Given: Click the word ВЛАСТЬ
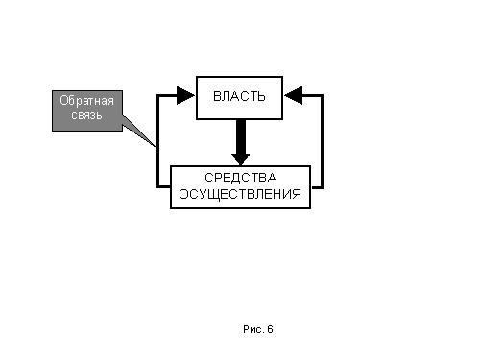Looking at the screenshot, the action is click(x=239, y=96).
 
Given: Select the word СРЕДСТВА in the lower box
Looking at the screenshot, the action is click(x=240, y=178).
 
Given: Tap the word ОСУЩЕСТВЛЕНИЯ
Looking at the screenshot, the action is click(x=240, y=194).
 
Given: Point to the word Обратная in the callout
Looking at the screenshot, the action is click(x=86, y=101).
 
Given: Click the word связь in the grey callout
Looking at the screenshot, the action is click(x=86, y=115).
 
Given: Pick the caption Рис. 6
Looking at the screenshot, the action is click(x=258, y=329).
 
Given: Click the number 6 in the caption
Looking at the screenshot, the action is click(x=270, y=329).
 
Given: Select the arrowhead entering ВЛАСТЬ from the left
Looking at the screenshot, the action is click(x=185, y=95).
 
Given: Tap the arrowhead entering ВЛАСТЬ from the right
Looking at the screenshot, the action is click(x=294, y=95).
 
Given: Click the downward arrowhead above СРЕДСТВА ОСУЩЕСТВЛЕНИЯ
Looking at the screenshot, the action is click(x=241, y=159).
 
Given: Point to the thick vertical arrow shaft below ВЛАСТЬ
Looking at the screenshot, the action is click(x=241, y=136).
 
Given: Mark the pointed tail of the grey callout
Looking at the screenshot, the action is click(x=156, y=147).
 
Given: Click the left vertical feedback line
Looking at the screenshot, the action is click(x=158, y=141).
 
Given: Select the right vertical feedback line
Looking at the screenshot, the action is click(x=322, y=141).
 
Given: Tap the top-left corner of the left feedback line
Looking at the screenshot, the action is click(x=158, y=95).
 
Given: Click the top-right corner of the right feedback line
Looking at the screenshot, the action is click(x=322, y=95).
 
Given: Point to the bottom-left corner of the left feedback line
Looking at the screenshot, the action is click(x=158, y=186).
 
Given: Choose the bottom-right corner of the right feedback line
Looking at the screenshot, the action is click(x=322, y=187).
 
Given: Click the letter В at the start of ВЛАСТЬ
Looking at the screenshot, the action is click(x=217, y=96).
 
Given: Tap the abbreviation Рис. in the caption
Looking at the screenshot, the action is click(x=253, y=329).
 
